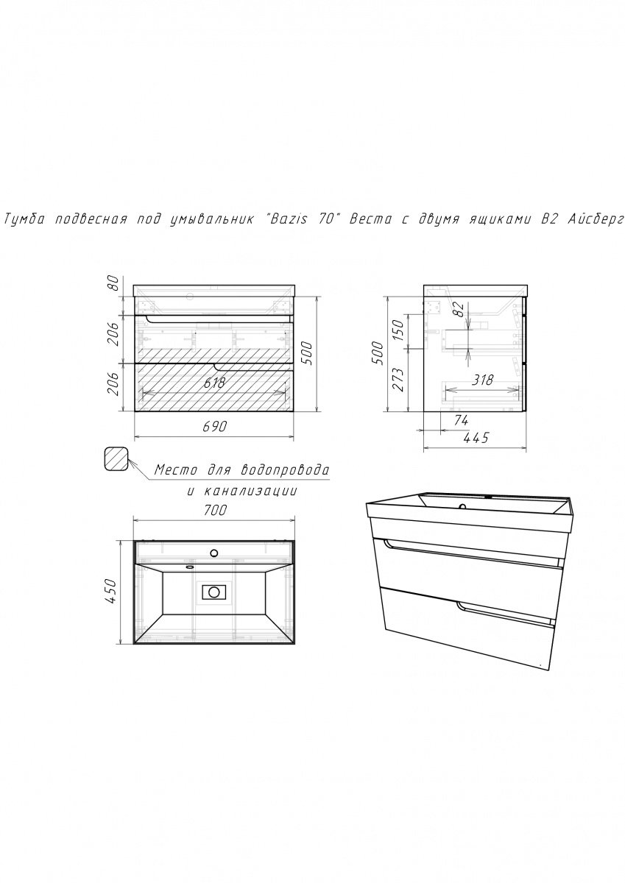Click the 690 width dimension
coord(215,426)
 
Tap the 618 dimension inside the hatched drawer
coord(214,383)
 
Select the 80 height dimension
coord(113,283)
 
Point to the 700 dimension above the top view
coord(215,510)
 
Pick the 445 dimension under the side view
coord(476,438)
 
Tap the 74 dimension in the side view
coord(461,421)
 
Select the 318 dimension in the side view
coord(482,380)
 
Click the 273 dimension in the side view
coord(399,379)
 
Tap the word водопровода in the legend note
coord(285,469)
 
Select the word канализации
coord(251,492)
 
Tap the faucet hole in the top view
coord(214,553)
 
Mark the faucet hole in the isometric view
coord(463,506)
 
